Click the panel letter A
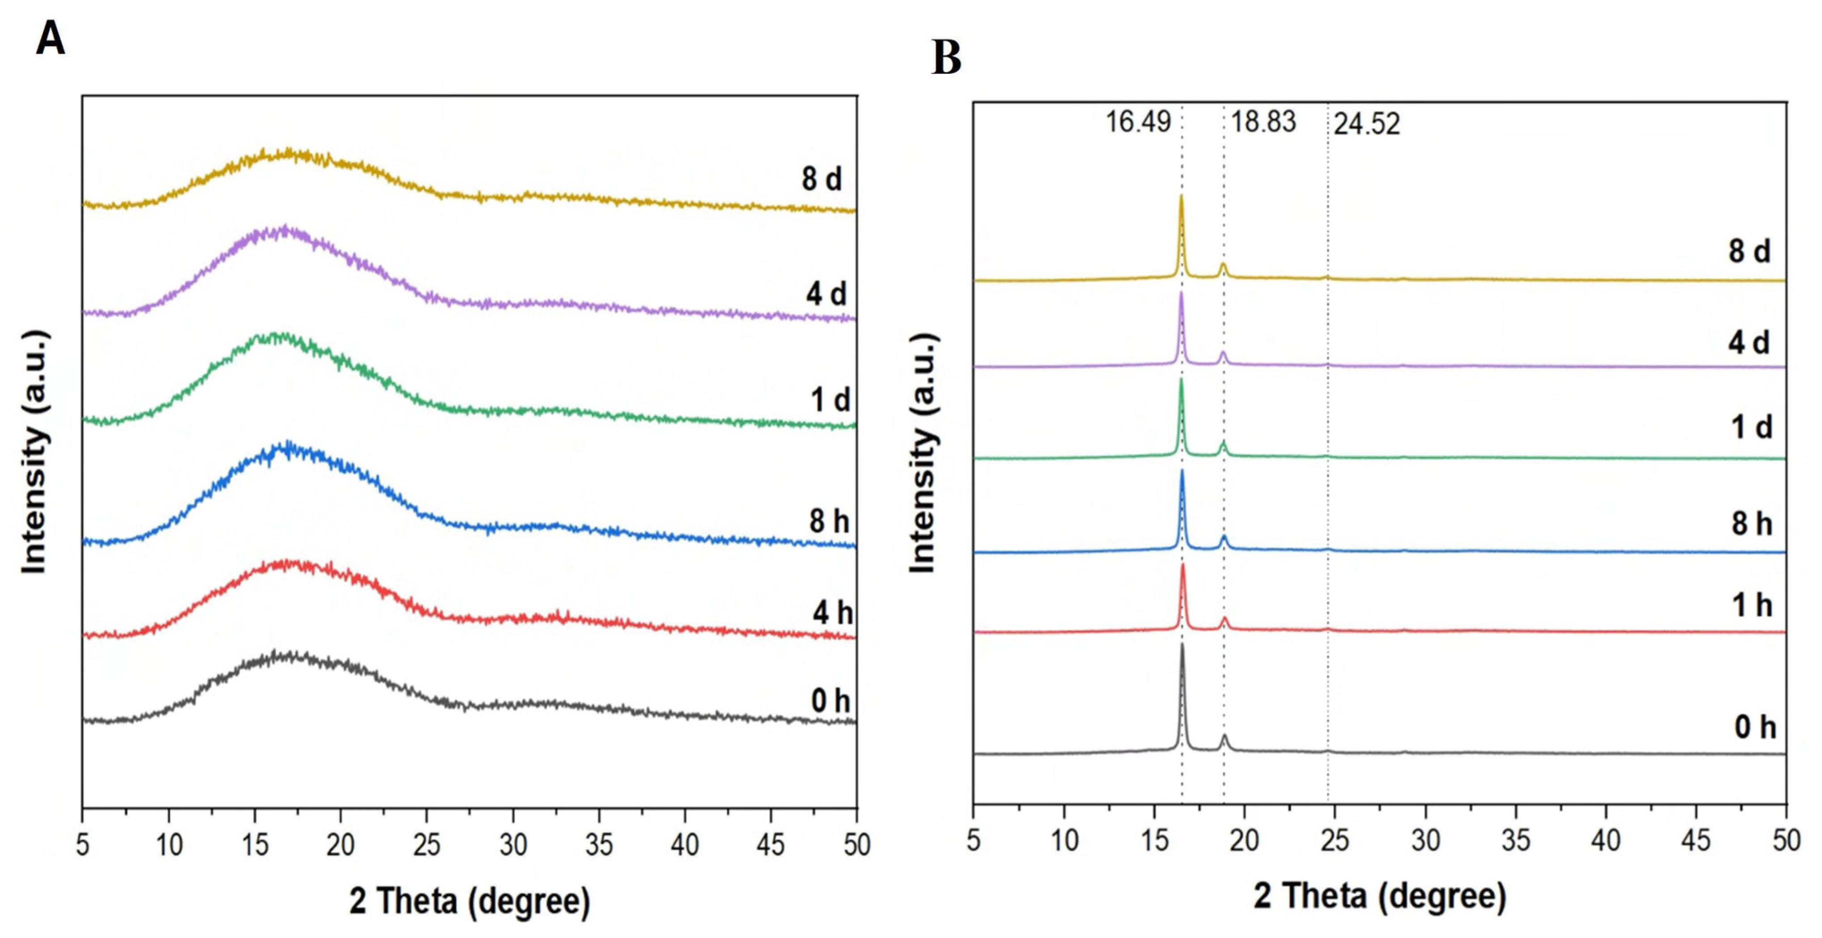pyautogui.click(x=50, y=39)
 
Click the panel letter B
pyautogui.click(x=946, y=58)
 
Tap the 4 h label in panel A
pyautogui.click(x=832, y=612)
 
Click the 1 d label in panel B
pyautogui.click(x=1751, y=427)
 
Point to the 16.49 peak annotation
pyautogui.click(x=1138, y=122)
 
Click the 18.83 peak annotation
pyautogui.click(x=1263, y=122)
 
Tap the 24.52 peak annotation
pyautogui.click(x=1366, y=124)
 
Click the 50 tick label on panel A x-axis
pyautogui.click(x=856, y=844)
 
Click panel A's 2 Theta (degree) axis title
pyautogui.click(x=470, y=901)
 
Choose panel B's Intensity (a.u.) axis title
pyautogui.click(x=923, y=452)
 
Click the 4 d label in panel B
pyautogui.click(x=1749, y=342)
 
